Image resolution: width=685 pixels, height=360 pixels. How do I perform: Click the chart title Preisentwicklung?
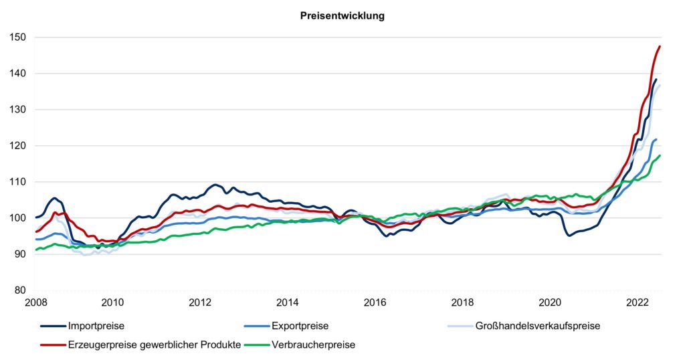(x=342, y=16)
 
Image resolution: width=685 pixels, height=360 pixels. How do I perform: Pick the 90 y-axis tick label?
(x=19, y=254)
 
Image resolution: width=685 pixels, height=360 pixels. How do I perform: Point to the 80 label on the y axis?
(x=19, y=290)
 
